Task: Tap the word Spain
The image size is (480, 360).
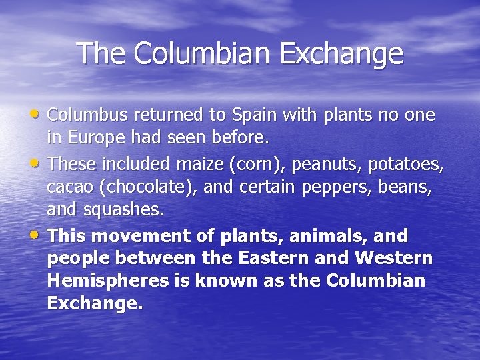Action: (x=253, y=115)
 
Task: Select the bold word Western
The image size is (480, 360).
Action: (x=394, y=258)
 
